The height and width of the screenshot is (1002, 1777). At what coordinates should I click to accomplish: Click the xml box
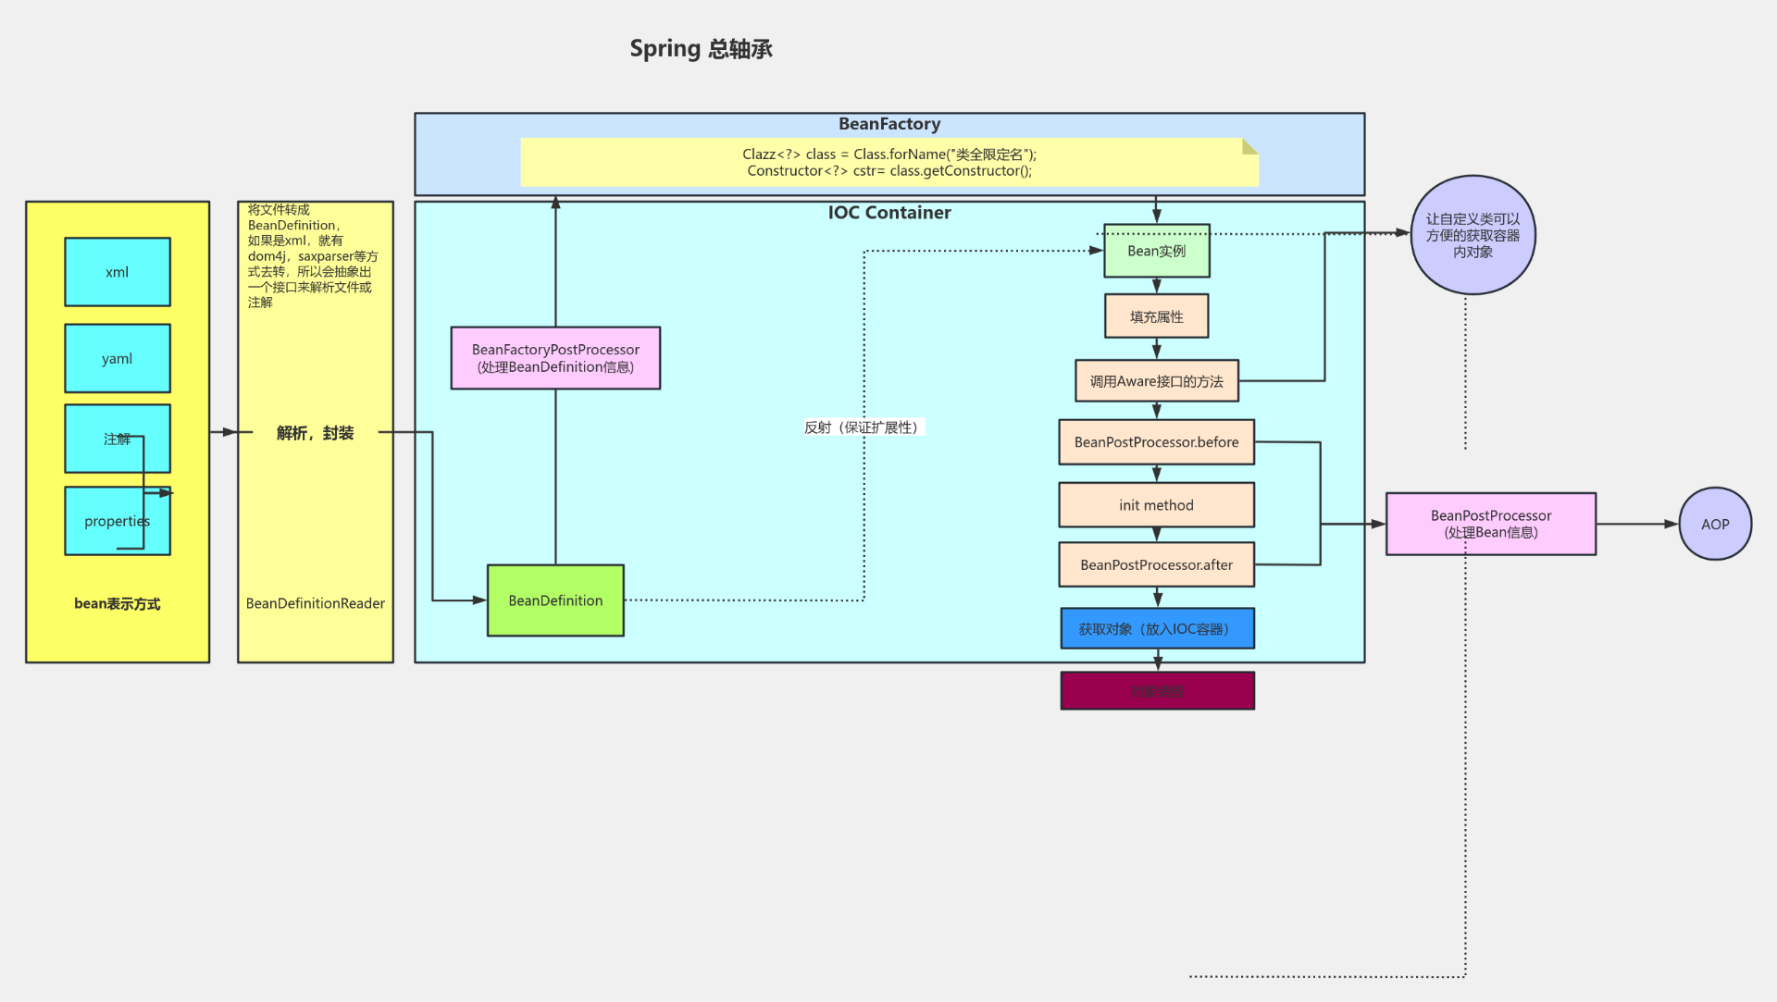[118, 272]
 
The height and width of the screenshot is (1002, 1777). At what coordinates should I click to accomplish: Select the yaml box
[118, 358]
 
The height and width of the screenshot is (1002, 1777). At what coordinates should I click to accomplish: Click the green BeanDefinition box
[555, 600]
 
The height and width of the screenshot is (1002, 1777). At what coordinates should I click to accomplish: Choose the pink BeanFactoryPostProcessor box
[555, 358]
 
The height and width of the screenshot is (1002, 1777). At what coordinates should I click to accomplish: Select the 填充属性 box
[1156, 316]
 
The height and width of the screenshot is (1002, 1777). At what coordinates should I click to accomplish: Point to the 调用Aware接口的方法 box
[1156, 381]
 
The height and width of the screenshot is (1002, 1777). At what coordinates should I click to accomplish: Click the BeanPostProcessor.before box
[1156, 442]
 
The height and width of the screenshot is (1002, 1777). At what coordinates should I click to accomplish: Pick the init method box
[1156, 505]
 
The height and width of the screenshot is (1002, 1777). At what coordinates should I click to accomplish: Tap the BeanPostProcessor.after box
[1156, 565]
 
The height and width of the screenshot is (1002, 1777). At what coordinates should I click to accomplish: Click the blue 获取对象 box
[1156, 629]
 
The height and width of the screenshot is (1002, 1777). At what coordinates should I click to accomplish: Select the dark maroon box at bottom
[1157, 691]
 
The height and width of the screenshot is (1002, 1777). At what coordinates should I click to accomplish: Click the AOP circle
[1715, 524]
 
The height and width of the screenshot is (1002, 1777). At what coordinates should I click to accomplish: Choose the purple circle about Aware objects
[1473, 235]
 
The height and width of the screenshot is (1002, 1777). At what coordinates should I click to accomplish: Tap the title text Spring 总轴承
[701, 49]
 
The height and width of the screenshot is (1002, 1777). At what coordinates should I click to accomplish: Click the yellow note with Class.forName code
[888, 163]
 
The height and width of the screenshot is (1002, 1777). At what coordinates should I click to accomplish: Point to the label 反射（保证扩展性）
[862, 427]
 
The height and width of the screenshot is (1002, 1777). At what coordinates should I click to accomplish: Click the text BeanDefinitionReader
[315, 603]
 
